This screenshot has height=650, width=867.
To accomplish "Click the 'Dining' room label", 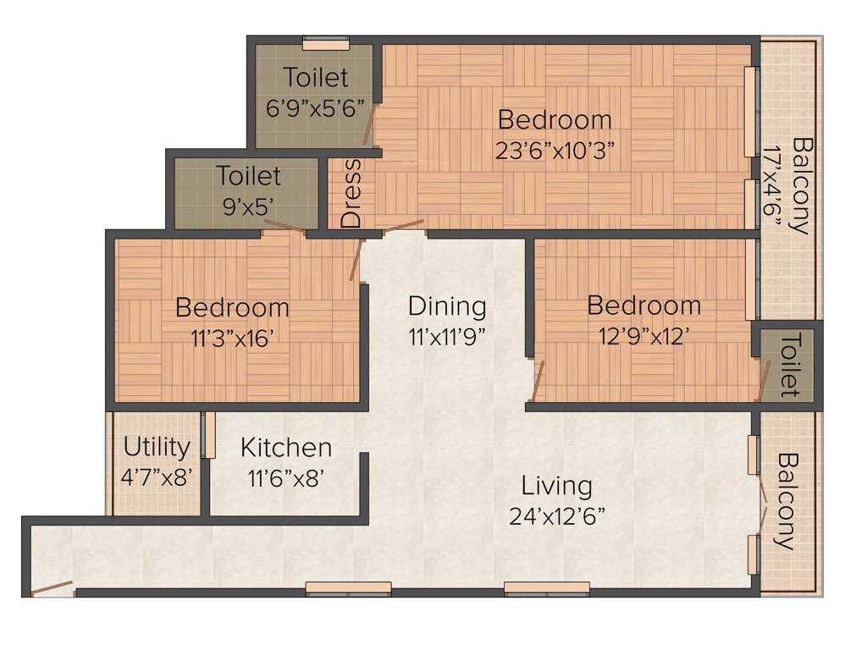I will pyautogui.click(x=447, y=306).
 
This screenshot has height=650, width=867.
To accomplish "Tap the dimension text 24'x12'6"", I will pyautogui.click(x=556, y=515).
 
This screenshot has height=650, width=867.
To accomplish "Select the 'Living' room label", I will pyautogui.click(x=556, y=486).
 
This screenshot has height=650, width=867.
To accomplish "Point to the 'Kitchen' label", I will pyautogui.click(x=285, y=447).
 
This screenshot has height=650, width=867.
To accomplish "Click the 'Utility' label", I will pyautogui.click(x=157, y=446).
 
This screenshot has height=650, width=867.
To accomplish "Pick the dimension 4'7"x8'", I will pyautogui.click(x=157, y=476).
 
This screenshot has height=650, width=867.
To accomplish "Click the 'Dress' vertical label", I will pyautogui.click(x=351, y=193).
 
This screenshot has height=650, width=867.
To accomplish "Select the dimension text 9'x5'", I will pyautogui.click(x=248, y=206).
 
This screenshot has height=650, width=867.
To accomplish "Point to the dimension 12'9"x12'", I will pyautogui.click(x=643, y=335).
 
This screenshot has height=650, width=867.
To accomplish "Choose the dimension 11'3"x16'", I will pyautogui.click(x=232, y=337).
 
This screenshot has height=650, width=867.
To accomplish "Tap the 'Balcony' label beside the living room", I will pyautogui.click(x=787, y=502).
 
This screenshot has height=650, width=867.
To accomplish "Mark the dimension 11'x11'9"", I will pyautogui.click(x=447, y=336).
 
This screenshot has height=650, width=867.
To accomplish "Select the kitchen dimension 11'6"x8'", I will pyautogui.click(x=285, y=476).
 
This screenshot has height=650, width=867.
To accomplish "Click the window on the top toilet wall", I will pyautogui.click(x=326, y=43).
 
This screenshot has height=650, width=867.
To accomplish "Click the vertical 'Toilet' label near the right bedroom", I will pyautogui.click(x=788, y=365).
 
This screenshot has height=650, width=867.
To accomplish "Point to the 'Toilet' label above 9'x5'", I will pyautogui.click(x=248, y=176).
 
